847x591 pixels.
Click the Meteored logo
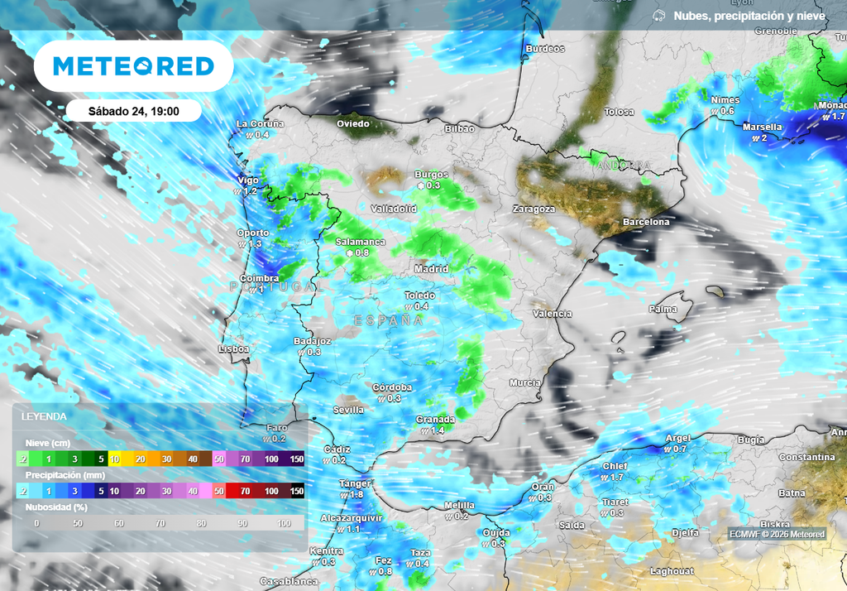[x=133, y=66]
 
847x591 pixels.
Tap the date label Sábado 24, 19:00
[x=133, y=110]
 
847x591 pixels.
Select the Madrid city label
[x=431, y=269]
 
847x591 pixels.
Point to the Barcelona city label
[x=646, y=223]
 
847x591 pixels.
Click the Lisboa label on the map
[x=234, y=349]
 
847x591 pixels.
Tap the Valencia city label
[x=553, y=314]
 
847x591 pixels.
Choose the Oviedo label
[x=352, y=123]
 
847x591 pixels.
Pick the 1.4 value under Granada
[x=438, y=430]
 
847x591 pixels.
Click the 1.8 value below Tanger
[x=357, y=494]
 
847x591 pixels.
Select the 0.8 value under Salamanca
[x=361, y=252]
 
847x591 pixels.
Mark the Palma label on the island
[x=663, y=309]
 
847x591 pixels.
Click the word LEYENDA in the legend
[x=44, y=416]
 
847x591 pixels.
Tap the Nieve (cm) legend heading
[x=46, y=443]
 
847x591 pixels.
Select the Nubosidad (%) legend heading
[x=57, y=507]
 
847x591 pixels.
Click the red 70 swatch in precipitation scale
[x=246, y=491]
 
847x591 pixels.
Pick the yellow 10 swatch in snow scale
[x=116, y=459]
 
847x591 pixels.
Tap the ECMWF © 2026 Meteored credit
[x=776, y=534]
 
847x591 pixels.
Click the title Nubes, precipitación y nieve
[x=749, y=16]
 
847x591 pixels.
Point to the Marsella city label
[x=762, y=127]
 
